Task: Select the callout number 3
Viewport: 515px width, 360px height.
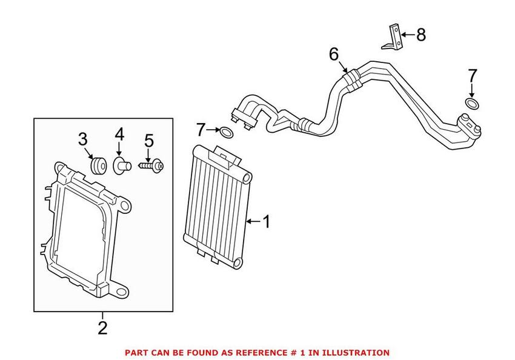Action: click(83, 139)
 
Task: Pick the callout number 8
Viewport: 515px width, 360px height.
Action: click(420, 35)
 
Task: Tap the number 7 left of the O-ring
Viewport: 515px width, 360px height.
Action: click(201, 129)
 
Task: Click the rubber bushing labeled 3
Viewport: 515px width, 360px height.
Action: click(98, 165)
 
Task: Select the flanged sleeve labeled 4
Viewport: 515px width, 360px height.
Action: click(119, 164)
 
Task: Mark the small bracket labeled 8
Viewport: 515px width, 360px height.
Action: click(393, 37)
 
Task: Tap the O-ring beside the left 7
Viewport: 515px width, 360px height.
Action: click(226, 132)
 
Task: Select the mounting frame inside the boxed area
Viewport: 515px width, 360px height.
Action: click(85, 230)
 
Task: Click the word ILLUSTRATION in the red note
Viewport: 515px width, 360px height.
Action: click(357, 352)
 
